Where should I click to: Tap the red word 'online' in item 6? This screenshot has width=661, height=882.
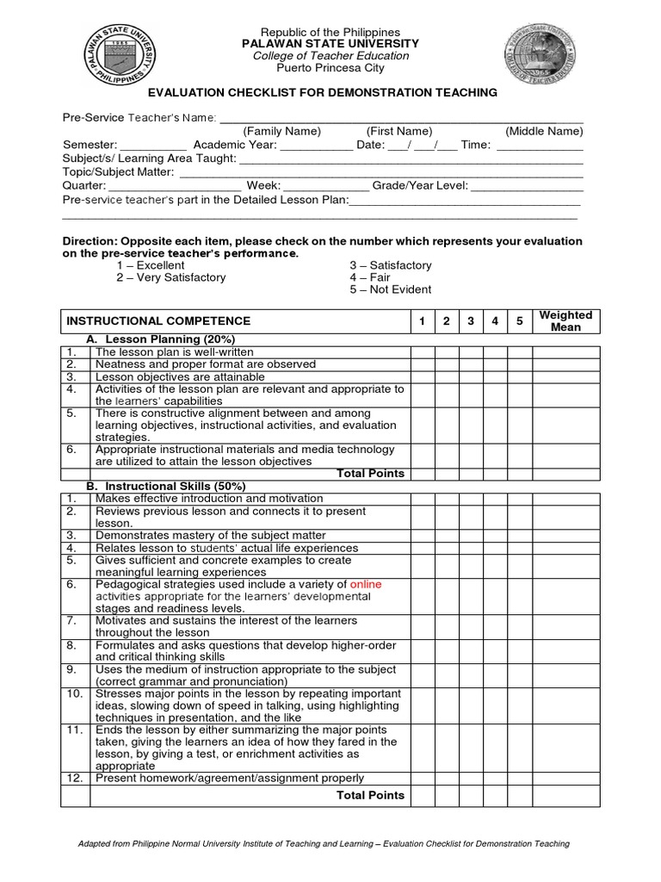coord(365,584)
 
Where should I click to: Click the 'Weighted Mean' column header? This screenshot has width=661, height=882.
coord(565,321)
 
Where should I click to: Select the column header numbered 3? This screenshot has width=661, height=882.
coord(471,321)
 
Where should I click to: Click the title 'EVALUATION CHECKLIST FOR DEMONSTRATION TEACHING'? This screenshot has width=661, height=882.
coord(324,92)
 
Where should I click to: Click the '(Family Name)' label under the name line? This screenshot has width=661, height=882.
coord(281,131)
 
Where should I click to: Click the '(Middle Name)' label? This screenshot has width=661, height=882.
coord(544,131)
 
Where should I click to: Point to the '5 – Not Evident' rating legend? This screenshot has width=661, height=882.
coord(390,289)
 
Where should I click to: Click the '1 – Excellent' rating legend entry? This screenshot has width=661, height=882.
coord(150,265)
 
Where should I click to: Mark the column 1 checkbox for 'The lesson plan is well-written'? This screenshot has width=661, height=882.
coord(422,351)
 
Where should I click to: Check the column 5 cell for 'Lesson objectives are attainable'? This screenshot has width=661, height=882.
coord(519,376)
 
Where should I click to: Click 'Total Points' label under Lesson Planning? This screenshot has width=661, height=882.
coord(370,473)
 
